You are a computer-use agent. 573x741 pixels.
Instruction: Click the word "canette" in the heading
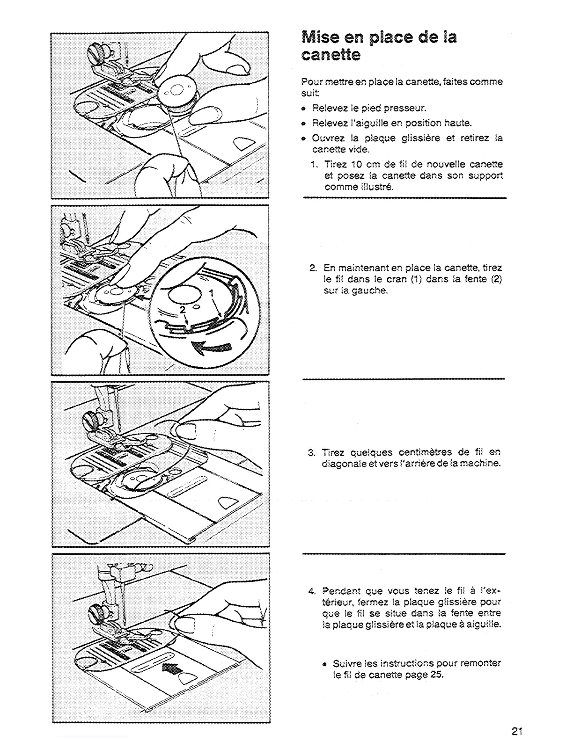click(331, 56)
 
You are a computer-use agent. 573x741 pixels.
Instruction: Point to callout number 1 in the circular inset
click(212, 293)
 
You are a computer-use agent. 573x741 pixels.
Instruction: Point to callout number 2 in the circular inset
click(183, 310)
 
